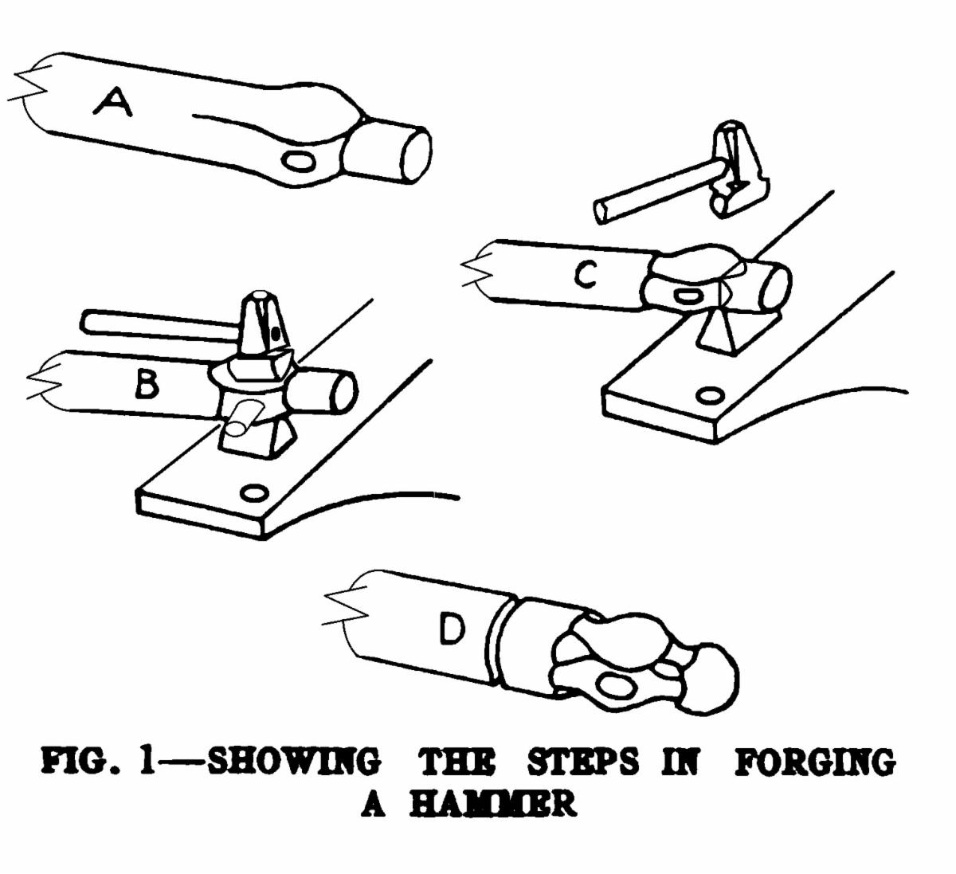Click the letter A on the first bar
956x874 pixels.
point(113,104)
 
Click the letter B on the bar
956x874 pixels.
point(147,385)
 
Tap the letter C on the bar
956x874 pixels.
point(586,275)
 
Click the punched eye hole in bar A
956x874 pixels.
point(299,162)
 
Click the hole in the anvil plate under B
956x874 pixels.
point(253,492)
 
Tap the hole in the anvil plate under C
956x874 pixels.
point(710,395)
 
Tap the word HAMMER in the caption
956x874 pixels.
point(492,805)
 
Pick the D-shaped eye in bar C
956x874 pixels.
point(689,296)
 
